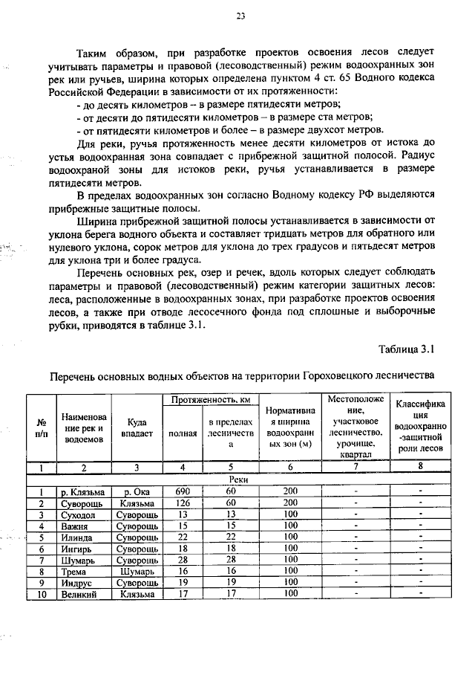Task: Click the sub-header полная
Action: [183, 434]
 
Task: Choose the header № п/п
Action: [40, 430]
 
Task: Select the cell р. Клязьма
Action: [83, 492]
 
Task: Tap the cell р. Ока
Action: [137, 492]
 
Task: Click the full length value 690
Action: [183, 492]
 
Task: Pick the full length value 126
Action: [183, 503]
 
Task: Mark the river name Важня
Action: [75, 526]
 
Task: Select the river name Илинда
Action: [77, 537]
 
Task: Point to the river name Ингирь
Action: [77, 549]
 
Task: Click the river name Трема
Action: [74, 571]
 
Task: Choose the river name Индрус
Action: [77, 582]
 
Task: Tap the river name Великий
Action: [79, 594]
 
